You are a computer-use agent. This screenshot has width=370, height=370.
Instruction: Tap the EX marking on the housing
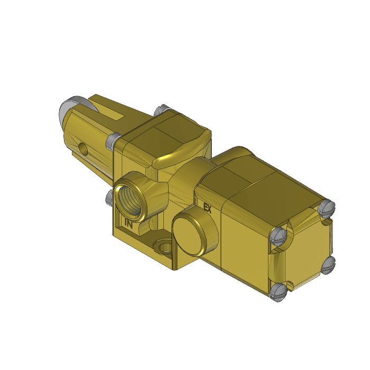(x=207, y=208)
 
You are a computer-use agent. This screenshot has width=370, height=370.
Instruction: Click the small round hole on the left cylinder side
(x=82, y=146)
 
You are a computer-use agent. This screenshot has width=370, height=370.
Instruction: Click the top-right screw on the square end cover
(x=328, y=207)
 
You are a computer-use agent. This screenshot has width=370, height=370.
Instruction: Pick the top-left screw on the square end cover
(x=279, y=236)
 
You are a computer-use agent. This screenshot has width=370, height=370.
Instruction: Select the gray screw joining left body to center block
(x=112, y=141)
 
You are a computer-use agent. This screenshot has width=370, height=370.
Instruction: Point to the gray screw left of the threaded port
(x=109, y=197)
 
